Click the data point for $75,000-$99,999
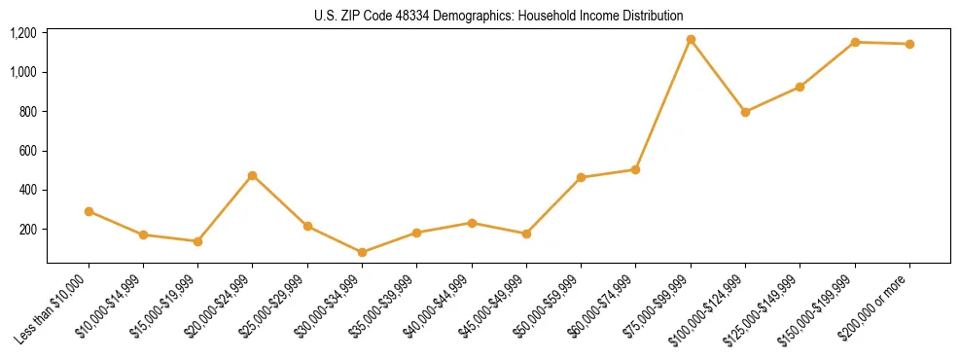pos(691,40)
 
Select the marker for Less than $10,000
pos(89,211)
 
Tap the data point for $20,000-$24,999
pos(253,176)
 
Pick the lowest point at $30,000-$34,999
pos(363,252)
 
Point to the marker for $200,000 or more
pos(909,44)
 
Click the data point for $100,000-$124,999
pos(745,112)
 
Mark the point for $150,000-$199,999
pos(855,42)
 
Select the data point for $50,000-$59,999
pos(581,178)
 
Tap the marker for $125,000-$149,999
pos(800,87)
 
